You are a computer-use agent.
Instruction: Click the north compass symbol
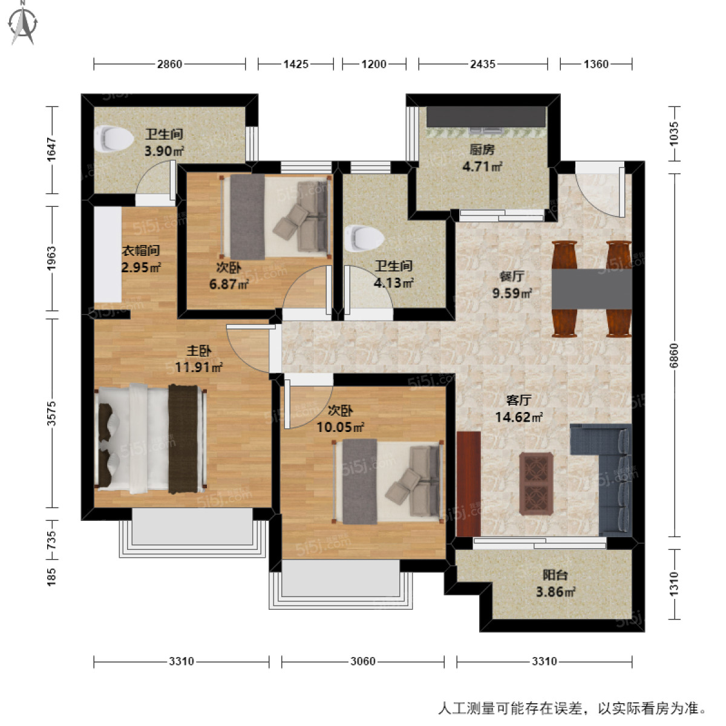coord(23,24)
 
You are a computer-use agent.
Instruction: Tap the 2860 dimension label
coord(169,64)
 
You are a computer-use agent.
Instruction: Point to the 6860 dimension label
coord(674,355)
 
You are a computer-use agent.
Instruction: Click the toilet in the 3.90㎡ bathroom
coord(114,139)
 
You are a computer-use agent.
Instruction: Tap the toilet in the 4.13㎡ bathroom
coord(364,238)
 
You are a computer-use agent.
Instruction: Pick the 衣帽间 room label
coord(141,250)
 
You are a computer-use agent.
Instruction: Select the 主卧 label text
coord(199,351)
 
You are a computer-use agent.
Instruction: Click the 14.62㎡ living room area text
coord(518,417)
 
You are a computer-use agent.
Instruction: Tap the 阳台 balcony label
coord(555,575)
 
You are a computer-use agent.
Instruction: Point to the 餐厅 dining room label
coord(512,276)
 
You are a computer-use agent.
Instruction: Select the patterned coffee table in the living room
coord(536,484)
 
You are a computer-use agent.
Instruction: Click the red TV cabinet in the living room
coord(469,484)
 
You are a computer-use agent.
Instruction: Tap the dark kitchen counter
coord(486,116)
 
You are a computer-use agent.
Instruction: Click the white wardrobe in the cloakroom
coord(108,254)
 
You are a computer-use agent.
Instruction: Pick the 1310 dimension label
coord(674,584)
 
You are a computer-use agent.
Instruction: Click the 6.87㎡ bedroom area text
coord(229,284)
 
